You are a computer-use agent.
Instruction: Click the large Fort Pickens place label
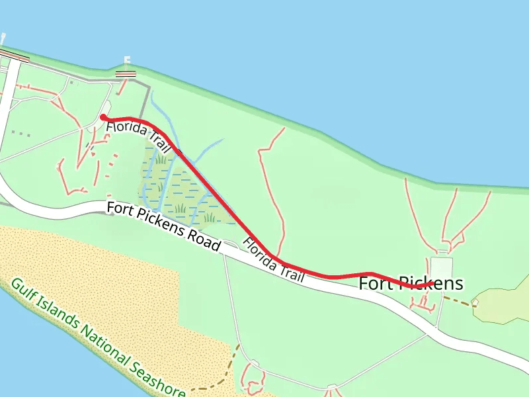click(x=411, y=284)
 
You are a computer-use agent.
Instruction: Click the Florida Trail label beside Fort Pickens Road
click(x=274, y=260)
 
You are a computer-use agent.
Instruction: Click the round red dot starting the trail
click(x=103, y=118)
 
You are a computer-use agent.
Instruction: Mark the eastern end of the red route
click(x=431, y=283)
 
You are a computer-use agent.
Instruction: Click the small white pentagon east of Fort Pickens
click(x=475, y=302)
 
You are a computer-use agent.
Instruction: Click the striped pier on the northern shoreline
click(x=126, y=73)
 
